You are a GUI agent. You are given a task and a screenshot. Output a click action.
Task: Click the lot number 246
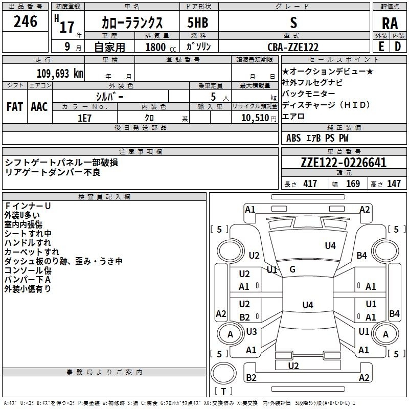[25, 21]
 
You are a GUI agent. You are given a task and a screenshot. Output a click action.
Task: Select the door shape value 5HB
[198, 22]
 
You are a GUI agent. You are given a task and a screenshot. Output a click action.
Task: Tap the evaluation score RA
[390, 24]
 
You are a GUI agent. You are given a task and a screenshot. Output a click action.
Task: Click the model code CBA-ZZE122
[293, 47]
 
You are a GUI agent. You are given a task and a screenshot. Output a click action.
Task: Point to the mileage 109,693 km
[60, 74]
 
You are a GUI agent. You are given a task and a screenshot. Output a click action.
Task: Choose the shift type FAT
[15, 107]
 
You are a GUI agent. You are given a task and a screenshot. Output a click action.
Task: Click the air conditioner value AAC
[39, 107]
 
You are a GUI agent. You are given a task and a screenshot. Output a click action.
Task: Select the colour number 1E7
[84, 118]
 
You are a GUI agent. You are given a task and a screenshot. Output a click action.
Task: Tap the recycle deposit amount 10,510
[255, 118]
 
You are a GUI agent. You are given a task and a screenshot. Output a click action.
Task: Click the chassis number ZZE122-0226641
[344, 163]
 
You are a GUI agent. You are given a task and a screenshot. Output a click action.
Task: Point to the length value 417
[310, 184]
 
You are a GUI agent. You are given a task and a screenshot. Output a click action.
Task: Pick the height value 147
[394, 184]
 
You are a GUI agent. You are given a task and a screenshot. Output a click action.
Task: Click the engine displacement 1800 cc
[161, 47]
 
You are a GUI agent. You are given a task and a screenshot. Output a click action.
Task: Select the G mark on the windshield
[292, 269]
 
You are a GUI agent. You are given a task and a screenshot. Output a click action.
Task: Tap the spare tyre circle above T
[223, 373]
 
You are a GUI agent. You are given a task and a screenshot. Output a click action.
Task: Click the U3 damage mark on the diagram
[252, 332]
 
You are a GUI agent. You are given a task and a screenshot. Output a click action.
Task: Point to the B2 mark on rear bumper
[251, 378]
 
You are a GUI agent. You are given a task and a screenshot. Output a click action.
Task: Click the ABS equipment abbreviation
[293, 138]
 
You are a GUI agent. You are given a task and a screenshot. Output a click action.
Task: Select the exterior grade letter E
[381, 47]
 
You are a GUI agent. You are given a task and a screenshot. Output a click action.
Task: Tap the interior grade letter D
[398, 47]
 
